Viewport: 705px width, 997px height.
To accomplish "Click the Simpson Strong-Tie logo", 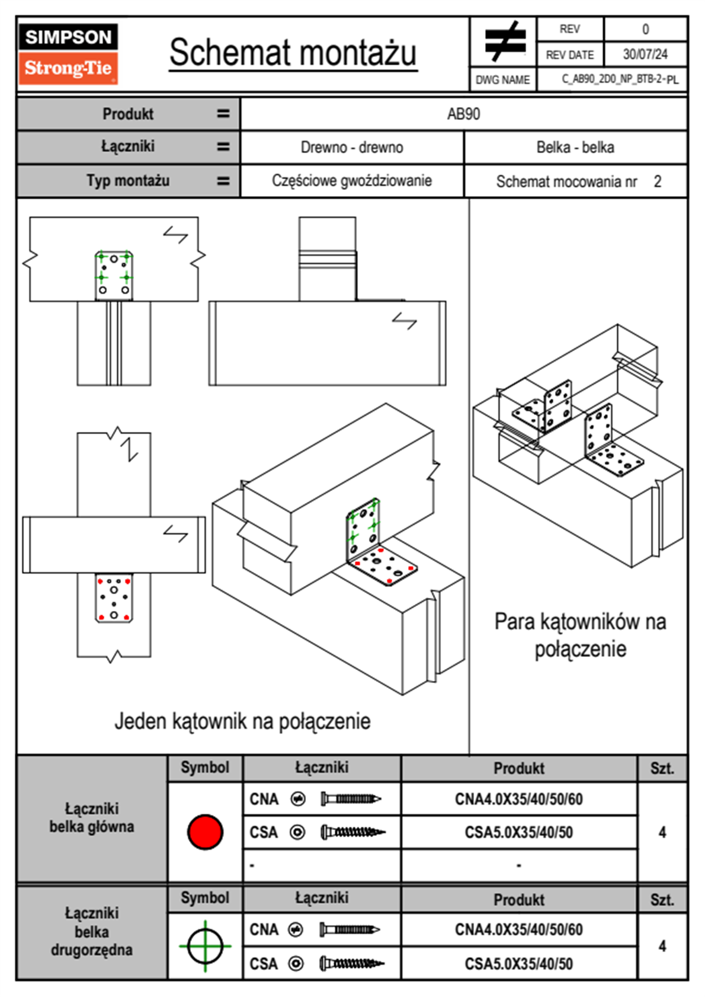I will click(68, 53).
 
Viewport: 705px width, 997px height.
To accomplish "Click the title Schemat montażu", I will click(293, 53).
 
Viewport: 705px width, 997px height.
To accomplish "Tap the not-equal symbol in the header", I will click(504, 41).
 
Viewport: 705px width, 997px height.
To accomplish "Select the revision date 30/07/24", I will click(645, 54).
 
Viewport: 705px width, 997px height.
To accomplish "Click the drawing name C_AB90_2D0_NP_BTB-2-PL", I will click(620, 79).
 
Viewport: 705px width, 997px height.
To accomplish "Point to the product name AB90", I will click(463, 114).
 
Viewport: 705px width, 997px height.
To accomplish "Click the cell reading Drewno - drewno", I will click(352, 147).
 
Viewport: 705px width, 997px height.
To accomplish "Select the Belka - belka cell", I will click(575, 147).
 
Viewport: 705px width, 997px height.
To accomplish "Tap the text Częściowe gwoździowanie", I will click(352, 181).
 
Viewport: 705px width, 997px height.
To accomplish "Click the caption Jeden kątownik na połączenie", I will click(242, 721).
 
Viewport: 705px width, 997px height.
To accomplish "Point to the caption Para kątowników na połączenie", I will click(580, 635).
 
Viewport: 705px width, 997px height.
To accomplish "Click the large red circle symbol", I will click(205, 832).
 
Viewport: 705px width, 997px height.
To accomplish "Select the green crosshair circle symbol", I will click(205, 946).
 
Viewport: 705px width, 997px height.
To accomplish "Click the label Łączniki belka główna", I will click(92, 817).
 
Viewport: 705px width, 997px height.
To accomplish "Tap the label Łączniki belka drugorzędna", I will click(92, 931).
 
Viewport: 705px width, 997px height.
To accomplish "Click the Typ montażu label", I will click(128, 181).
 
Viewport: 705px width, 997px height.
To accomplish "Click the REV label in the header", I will click(569, 29).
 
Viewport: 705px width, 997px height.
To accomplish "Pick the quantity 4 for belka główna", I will click(662, 832).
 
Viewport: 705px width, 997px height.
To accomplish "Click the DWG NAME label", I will click(503, 79).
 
